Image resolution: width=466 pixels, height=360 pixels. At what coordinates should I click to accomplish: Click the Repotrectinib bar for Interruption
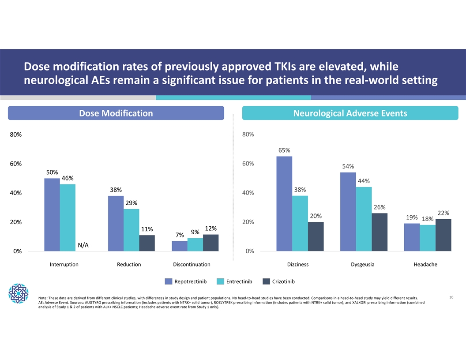point(52,215)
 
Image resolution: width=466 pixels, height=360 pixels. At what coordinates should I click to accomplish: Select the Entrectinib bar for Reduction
point(132,230)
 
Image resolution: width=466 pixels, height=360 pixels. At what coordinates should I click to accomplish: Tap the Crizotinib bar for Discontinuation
point(210,243)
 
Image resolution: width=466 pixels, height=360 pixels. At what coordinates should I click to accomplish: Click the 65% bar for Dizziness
point(284,204)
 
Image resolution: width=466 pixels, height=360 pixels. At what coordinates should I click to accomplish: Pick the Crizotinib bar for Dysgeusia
point(380,232)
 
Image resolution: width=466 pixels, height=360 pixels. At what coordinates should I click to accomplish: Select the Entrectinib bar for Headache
point(427,238)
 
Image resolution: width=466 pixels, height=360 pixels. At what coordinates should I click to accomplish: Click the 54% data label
point(348,166)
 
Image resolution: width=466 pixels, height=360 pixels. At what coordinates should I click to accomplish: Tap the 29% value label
point(132,203)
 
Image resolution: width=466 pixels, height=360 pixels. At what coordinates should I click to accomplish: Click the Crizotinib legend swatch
point(266,281)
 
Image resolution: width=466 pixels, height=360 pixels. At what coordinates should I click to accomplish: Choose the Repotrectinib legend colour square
point(169,281)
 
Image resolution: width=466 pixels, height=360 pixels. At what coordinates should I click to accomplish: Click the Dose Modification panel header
point(116,113)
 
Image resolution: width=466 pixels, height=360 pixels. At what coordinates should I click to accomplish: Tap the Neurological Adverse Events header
point(350,113)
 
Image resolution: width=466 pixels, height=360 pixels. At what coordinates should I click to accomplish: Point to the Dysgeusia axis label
point(362,265)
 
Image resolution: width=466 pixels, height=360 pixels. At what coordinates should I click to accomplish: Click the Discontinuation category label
point(192,265)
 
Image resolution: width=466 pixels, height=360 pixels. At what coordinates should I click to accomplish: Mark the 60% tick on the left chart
point(16,164)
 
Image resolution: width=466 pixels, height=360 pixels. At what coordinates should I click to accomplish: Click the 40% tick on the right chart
point(248,193)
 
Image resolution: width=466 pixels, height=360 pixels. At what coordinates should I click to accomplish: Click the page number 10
point(451,297)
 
